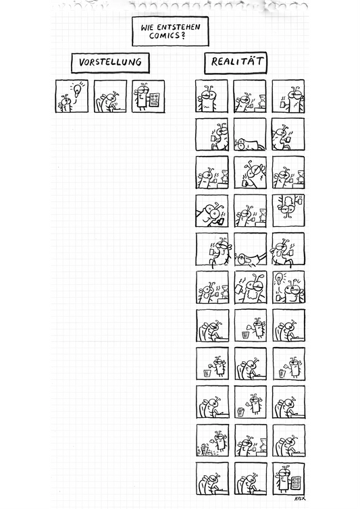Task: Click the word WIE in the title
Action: (x=147, y=28)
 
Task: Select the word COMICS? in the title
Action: (x=167, y=36)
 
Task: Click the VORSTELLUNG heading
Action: (x=110, y=62)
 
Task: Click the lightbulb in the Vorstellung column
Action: (x=77, y=90)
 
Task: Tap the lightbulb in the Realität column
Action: (x=278, y=279)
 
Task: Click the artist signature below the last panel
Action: (x=300, y=498)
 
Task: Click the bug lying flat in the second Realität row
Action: (x=249, y=144)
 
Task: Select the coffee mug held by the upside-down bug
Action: (x=299, y=202)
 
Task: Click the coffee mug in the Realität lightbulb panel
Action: (x=278, y=297)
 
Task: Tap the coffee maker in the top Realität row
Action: (x=261, y=101)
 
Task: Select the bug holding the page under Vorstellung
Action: (x=143, y=96)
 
